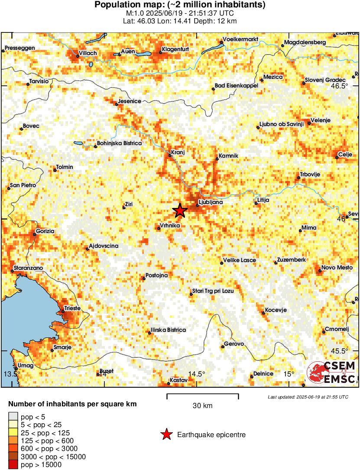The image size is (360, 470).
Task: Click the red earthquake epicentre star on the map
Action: coord(180,211)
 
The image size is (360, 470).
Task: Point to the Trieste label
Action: coord(72,308)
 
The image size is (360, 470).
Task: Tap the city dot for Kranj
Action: coord(170,155)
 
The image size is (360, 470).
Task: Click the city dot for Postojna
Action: coord(144,278)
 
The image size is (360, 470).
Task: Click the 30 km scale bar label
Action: coord(202,405)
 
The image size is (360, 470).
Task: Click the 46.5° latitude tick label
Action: coord(339,86)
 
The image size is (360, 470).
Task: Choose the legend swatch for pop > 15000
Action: coord(13,464)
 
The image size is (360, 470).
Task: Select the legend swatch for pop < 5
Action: coord(13,417)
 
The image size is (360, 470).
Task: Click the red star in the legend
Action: coord(166,434)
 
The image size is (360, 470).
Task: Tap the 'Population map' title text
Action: coord(180,5)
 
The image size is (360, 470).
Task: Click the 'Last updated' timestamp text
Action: coord(308,397)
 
